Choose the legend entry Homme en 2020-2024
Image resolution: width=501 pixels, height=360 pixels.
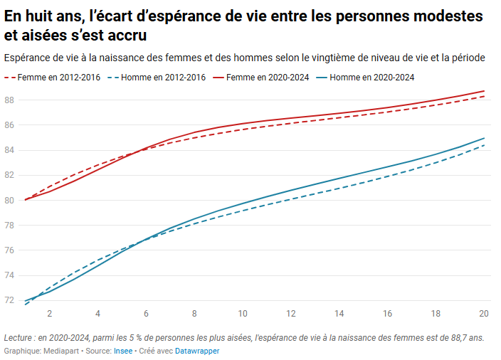pyautogui.click(x=372, y=78)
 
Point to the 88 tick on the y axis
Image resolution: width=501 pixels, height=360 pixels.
pyautogui.click(x=9, y=100)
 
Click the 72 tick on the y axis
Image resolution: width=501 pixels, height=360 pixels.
pyautogui.click(x=9, y=300)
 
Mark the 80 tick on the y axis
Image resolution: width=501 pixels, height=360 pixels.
pyautogui.click(x=9, y=200)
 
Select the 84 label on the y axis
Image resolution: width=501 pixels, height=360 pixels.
pyautogui.click(x=9, y=150)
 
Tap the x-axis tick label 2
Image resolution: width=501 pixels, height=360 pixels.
pyautogui.click(x=49, y=314)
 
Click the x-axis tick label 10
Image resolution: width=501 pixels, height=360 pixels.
pyautogui.click(x=242, y=314)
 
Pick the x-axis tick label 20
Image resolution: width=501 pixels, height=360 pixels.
pyautogui.click(x=483, y=314)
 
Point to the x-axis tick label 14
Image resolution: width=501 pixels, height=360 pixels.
pyautogui.click(x=339, y=314)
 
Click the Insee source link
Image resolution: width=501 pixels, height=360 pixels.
pyautogui.click(x=123, y=351)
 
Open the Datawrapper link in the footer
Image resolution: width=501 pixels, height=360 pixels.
pyautogui.click(x=197, y=351)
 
